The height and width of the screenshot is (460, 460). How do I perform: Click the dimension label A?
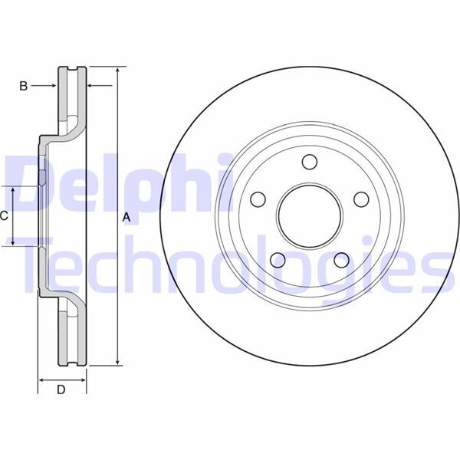[127, 219]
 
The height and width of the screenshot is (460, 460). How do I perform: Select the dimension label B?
[24, 87]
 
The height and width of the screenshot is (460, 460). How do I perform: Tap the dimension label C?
[4, 216]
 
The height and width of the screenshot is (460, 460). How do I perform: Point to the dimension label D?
[61, 390]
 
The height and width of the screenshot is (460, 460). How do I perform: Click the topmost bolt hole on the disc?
[309, 162]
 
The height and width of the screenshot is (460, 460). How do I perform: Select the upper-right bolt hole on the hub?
[361, 199]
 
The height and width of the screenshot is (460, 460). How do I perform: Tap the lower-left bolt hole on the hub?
[278, 261]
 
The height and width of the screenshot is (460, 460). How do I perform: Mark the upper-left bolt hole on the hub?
[258, 199]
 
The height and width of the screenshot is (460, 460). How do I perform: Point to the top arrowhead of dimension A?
[117, 71]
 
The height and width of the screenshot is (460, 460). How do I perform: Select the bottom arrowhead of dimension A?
[117, 360]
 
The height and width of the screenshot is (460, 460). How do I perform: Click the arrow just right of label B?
[52, 87]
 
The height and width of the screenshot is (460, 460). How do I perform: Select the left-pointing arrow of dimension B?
[93, 87]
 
